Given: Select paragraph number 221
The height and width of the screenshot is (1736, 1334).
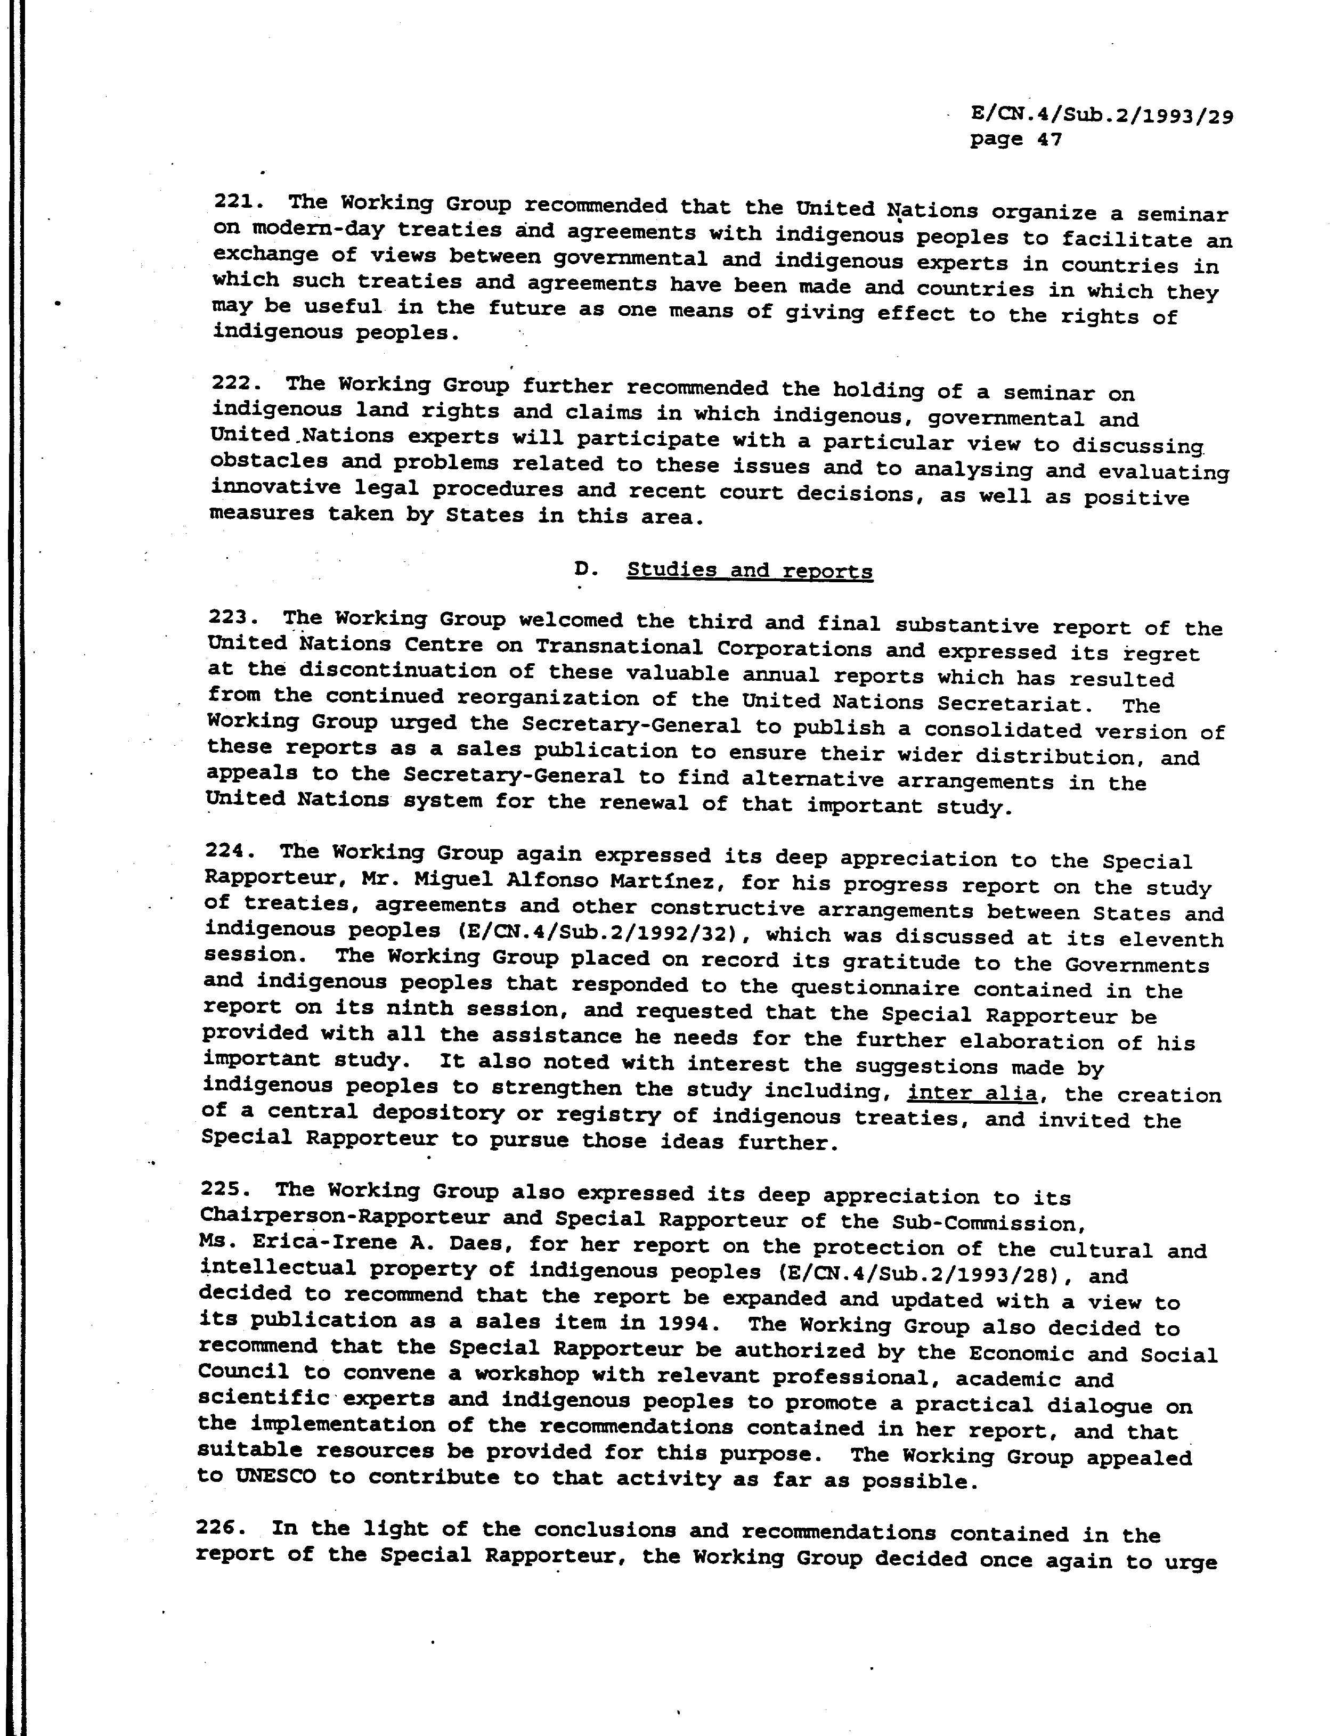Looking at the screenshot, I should tap(234, 202).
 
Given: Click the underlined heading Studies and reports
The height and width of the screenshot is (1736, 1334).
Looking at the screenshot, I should tap(750, 570).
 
